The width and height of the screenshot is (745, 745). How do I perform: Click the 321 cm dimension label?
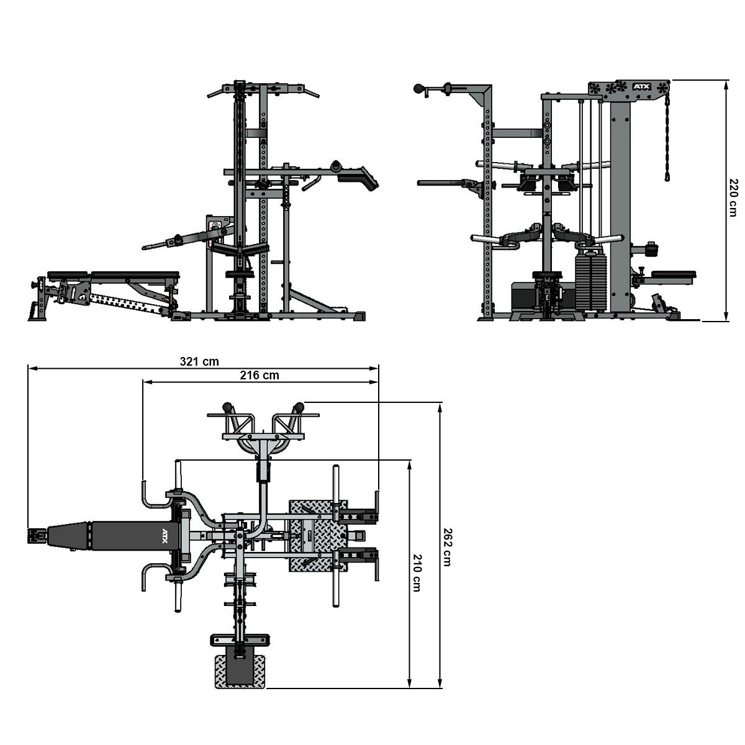[x=199, y=362]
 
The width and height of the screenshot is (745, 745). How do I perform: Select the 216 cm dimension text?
[x=260, y=376]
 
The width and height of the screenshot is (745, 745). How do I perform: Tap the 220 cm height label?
[x=732, y=197]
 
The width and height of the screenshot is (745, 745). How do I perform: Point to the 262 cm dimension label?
[x=447, y=547]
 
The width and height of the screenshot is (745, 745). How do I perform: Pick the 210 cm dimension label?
[x=417, y=572]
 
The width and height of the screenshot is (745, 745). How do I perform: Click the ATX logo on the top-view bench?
[x=166, y=536]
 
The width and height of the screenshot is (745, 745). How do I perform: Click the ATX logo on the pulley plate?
[x=642, y=87]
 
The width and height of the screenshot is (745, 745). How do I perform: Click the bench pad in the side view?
[x=113, y=275]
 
